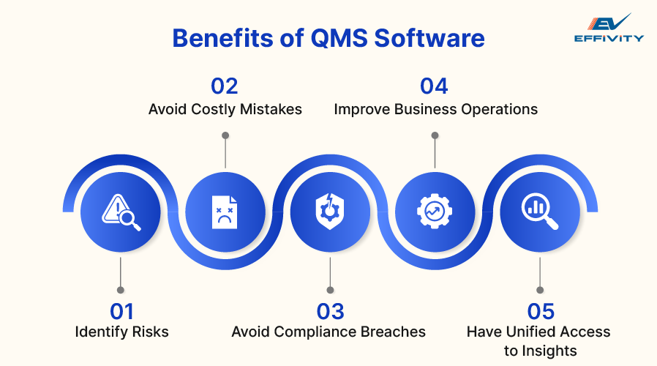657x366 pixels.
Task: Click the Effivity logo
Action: (608, 28)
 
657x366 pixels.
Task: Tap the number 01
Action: (121, 311)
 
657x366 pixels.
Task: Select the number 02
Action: (225, 86)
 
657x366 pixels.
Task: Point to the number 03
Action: (329, 311)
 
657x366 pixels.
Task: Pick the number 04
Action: (434, 86)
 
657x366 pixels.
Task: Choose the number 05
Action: (539, 311)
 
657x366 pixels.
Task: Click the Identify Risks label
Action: (121, 332)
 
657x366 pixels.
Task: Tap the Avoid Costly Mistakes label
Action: (225, 109)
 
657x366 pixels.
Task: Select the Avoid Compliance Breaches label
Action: (328, 332)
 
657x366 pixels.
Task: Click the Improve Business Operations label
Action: (436, 109)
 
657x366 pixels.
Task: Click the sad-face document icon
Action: (225, 212)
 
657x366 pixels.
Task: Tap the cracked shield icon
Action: (329, 212)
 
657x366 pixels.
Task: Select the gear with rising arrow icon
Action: (434, 212)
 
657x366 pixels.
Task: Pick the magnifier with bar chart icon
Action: (539, 212)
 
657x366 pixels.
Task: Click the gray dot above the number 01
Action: (121, 290)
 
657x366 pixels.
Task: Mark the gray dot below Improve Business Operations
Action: (435, 135)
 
